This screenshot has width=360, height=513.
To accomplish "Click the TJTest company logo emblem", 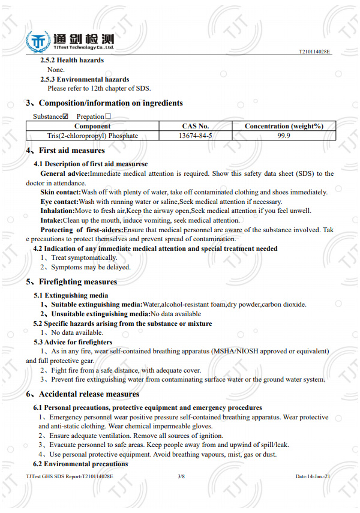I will (38, 41).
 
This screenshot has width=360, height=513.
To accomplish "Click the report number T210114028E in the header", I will (314, 52).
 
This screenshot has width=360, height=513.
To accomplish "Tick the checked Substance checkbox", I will (65, 116).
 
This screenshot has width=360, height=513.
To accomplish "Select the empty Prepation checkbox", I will (108, 116).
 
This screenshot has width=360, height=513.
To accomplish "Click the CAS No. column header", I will (195, 126).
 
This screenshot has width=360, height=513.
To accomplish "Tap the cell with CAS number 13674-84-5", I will (195, 136).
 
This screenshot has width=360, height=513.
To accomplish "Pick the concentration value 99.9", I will (284, 136).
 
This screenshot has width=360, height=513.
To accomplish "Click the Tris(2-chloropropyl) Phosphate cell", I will (92, 136).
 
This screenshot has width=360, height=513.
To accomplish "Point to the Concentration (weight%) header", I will (284, 126).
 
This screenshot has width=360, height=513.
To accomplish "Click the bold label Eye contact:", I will (59, 202).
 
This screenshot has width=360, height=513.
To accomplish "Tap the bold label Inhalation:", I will (58, 211).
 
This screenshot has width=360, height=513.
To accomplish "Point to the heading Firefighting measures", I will (77, 282).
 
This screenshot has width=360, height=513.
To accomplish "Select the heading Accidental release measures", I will (88, 394).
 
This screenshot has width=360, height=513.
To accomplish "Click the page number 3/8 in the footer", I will (181, 476).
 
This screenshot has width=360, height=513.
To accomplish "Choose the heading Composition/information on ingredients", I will (110, 103).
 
